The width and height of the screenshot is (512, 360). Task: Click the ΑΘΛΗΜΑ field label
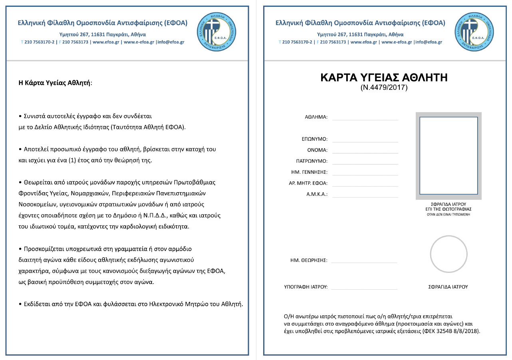[x=316, y=117]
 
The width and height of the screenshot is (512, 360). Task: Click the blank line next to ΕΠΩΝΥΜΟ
[x=365, y=141]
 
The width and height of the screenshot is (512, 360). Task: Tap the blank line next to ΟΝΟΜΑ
[x=365, y=153]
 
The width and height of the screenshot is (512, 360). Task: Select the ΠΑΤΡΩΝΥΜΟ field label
[x=309, y=161]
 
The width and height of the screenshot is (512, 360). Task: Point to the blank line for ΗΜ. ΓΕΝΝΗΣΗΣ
[x=365, y=175]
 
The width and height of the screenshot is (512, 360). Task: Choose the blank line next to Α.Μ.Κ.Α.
[x=365, y=197]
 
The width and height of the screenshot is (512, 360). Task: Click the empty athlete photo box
[x=448, y=155]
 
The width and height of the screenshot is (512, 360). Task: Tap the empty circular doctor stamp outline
[x=448, y=255]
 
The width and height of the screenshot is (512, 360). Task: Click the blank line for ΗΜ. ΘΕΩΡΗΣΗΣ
[x=364, y=262]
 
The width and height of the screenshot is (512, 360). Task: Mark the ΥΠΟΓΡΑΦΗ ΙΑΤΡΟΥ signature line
[x=364, y=289]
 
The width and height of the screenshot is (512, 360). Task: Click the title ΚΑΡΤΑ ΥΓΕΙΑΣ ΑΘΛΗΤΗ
[x=384, y=78]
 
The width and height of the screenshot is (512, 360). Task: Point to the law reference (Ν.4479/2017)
[x=384, y=88]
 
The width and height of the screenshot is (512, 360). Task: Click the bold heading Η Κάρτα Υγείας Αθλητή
[x=55, y=83]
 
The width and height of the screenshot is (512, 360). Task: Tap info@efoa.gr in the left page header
[x=171, y=42]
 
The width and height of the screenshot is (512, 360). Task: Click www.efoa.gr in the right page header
[x=364, y=42]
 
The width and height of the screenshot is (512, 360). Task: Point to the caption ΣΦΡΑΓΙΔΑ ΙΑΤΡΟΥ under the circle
[x=448, y=287]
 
